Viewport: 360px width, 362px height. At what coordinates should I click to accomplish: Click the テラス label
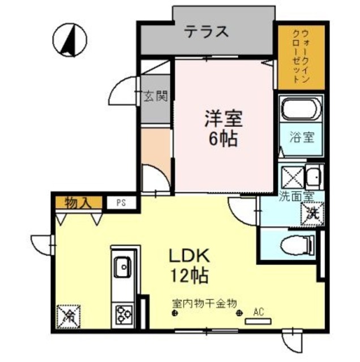[207, 32]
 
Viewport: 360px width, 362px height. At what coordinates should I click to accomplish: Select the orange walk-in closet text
[301, 57]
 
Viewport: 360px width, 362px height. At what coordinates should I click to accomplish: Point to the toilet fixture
[298, 244]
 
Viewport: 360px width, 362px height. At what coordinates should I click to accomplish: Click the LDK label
[188, 256]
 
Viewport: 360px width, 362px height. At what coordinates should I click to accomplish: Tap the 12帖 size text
[189, 277]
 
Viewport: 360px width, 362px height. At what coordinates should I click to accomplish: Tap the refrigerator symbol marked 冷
[68, 315]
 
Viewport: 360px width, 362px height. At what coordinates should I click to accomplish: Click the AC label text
[259, 311]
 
